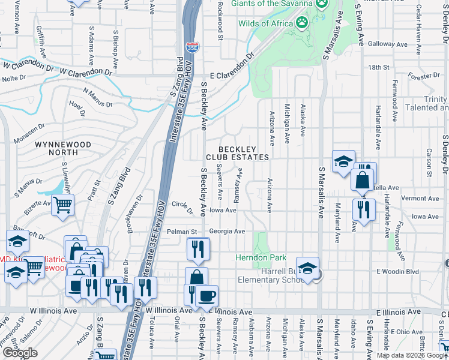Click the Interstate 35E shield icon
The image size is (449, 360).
point(192,48)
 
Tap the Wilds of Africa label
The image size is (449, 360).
point(265,23)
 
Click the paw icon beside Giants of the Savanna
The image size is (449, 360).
point(322,3)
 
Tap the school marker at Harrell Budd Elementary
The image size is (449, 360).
point(307,268)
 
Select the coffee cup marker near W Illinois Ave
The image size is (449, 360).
point(207,296)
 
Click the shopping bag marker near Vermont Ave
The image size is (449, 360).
point(363,179)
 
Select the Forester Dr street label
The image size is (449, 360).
point(424,76)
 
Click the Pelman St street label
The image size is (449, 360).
point(182,232)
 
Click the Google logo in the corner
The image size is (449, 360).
point(20,353)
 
